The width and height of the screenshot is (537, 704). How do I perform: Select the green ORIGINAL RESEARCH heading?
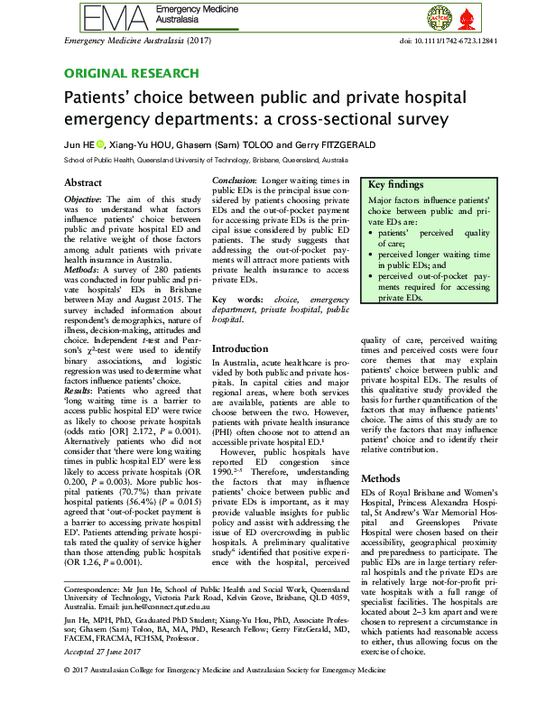[131, 73]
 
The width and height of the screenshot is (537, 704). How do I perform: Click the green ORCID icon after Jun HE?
[100, 144]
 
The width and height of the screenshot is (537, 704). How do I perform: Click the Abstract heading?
[82, 182]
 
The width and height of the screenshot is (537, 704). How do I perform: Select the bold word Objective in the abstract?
[85, 199]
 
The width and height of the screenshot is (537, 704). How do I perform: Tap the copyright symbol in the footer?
[69, 697]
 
